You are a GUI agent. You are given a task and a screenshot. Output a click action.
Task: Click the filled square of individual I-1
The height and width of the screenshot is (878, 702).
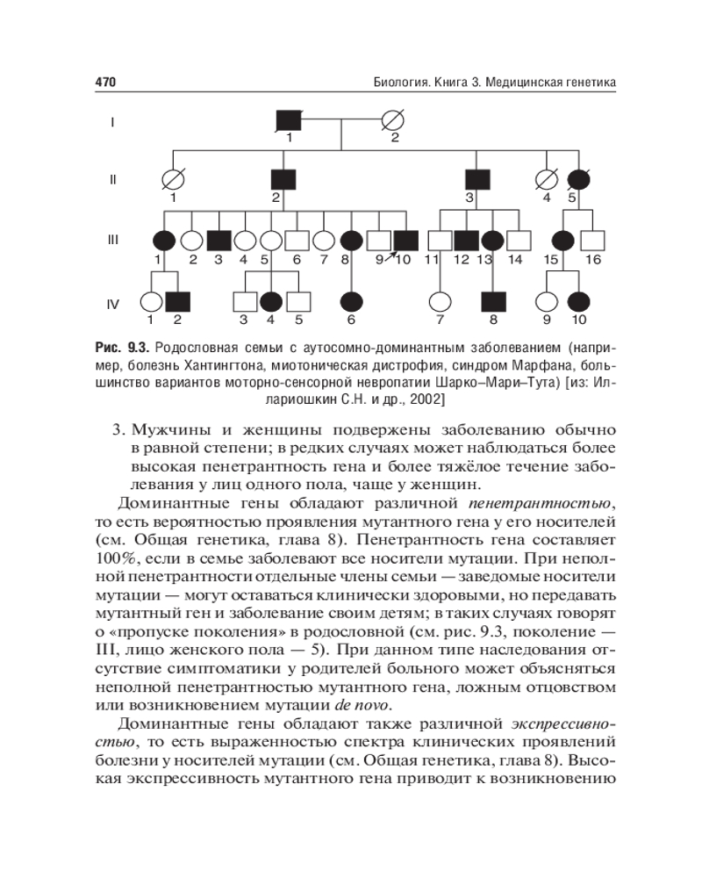click(289, 121)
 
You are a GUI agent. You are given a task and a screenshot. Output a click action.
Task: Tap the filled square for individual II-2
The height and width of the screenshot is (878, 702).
click(283, 179)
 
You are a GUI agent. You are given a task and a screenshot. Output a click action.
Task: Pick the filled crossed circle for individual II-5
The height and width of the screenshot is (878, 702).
click(578, 179)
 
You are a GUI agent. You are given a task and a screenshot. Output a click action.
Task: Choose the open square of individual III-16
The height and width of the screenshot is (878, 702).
click(593, 239)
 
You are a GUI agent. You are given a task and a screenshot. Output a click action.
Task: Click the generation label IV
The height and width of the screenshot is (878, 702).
click(113, 303)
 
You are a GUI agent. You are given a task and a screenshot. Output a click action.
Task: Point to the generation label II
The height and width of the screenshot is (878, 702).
click(113, 180)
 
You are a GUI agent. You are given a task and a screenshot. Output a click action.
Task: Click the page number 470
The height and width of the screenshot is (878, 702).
click(105, 83)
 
